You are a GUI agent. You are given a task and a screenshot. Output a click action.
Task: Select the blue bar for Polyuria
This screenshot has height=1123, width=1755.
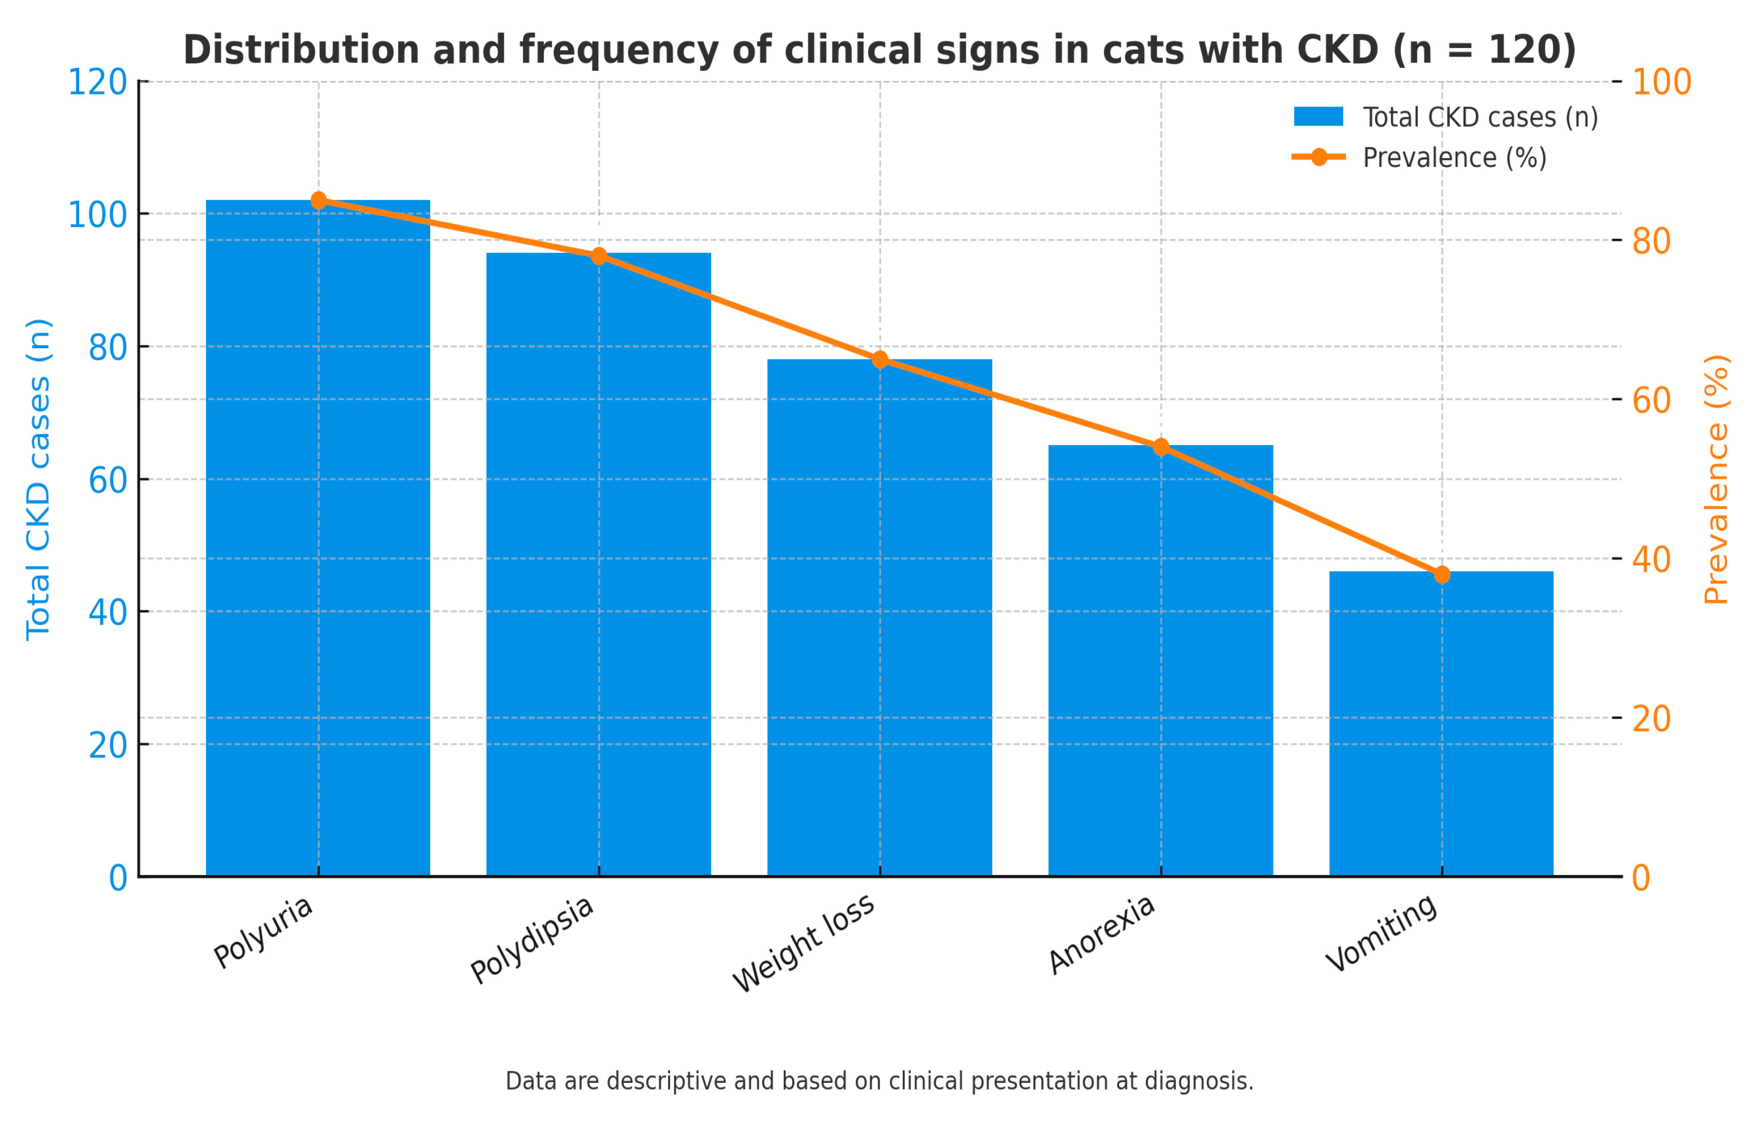(x=318, y=539)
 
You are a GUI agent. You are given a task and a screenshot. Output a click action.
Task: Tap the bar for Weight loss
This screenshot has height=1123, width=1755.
(x=879, y=620)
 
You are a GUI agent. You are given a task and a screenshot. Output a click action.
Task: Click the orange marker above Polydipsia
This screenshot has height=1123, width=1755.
(x=599, y=256)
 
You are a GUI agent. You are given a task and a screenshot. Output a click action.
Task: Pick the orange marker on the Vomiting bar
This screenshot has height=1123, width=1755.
(x=1441, y=575)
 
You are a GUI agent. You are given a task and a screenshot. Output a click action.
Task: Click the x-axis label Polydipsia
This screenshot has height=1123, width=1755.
(x=532, y=941)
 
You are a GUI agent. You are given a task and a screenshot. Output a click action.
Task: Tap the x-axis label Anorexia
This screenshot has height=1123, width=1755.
(x=1102, y=935)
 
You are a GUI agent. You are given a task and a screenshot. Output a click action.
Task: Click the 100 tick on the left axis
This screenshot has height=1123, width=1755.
(x=97, y=215)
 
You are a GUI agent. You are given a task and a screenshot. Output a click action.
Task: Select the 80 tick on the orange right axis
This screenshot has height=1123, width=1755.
(x=1651, y=241)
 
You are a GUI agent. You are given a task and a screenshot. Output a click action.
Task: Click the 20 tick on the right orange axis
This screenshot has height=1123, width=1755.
(x=1651, y=719)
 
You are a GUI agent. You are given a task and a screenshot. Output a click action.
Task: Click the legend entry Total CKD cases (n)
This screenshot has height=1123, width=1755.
(x=1480, y=117)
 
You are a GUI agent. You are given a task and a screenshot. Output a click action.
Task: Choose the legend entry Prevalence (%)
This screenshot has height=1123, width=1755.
(x=1454, y=157)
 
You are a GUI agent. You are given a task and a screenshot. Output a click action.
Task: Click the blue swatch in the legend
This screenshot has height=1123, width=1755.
(x=1318, y=117)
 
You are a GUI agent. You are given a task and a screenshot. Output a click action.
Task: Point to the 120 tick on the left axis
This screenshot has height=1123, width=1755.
(x=97, y=83)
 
